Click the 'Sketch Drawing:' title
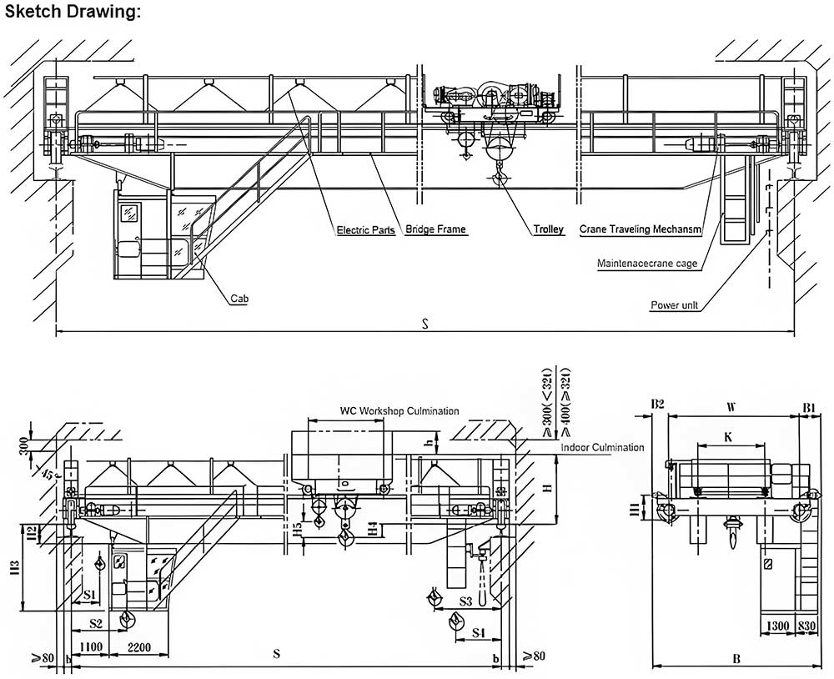pyautogui.click(x=73, y=12)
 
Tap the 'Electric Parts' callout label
pyautogui.click(x=365, y=229)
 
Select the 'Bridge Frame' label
pyautogui.click(x=435, y=229)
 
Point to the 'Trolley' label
pyautogui.click(x=549, y=229)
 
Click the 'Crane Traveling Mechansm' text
pyautogui.click(x=640, y=229)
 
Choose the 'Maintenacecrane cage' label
pyautogui.click(x=647, y=264)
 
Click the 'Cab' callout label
pyautogui.click(x=240, y=298)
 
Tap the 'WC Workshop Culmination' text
pyautogui.click(x=399, y=410)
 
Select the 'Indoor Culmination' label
pyautogui.click(x=602, y=448)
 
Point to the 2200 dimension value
pyautogui.click(x=139, y=647)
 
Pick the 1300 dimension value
pyautogui.click(x=776, y=626)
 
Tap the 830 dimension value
pyautogui.click(x=806, y=626)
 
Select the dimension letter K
pyautogui.click(x=728, y=436)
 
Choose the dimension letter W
pyautogui.click(x=731, y=408)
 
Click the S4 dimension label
pyautogui.click(x=479, y=633)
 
